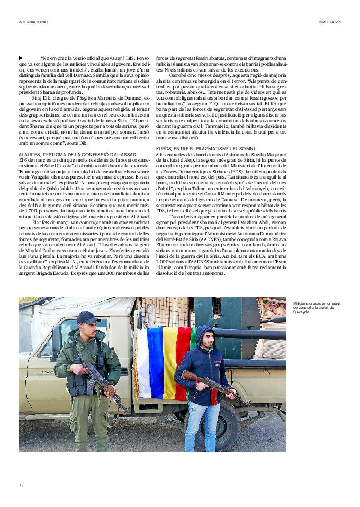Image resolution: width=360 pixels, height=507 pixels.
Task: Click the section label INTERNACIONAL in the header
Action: pyautogui.click(x=33, y=22)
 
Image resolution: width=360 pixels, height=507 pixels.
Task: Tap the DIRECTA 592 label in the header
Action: pyautogui.click(x=330, y=22)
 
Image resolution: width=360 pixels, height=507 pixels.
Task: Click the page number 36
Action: pyautogui.click(x=21, y=485)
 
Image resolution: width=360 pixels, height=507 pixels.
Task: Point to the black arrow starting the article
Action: pyautogui.click(x=20, y=58)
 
